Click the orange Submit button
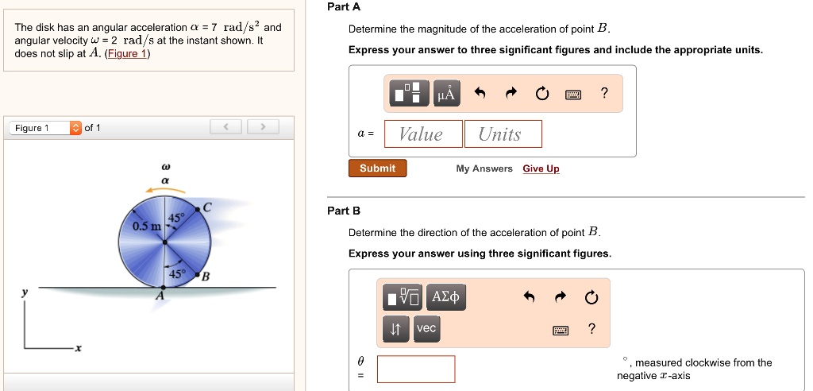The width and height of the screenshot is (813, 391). click(x=377, y=168)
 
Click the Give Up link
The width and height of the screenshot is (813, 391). click(x=541, y=168)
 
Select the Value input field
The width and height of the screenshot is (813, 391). click(x=423, y=134)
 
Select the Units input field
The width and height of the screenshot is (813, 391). click(x=503, y=134)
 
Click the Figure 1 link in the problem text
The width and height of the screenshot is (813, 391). click(x=127, y=53)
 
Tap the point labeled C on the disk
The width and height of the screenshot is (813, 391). click(x=198, y=210)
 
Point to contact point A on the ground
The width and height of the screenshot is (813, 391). click(x=164, y=287)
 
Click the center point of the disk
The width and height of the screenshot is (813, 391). click(x=165, y=242)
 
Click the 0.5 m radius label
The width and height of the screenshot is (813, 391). click(x=147, y=226)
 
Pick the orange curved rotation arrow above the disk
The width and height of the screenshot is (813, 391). click(x=165, y=190)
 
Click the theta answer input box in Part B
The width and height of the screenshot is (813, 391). click(x=416, y=370)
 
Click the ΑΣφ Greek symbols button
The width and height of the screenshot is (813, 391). click(x=445, y=297)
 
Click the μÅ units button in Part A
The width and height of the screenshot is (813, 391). click(x=446, y=94)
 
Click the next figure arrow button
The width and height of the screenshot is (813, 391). click(x=263, y=126)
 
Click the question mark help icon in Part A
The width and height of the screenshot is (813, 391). click(x=603, y=94)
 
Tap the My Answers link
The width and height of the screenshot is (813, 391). click(x=484, y=168)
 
